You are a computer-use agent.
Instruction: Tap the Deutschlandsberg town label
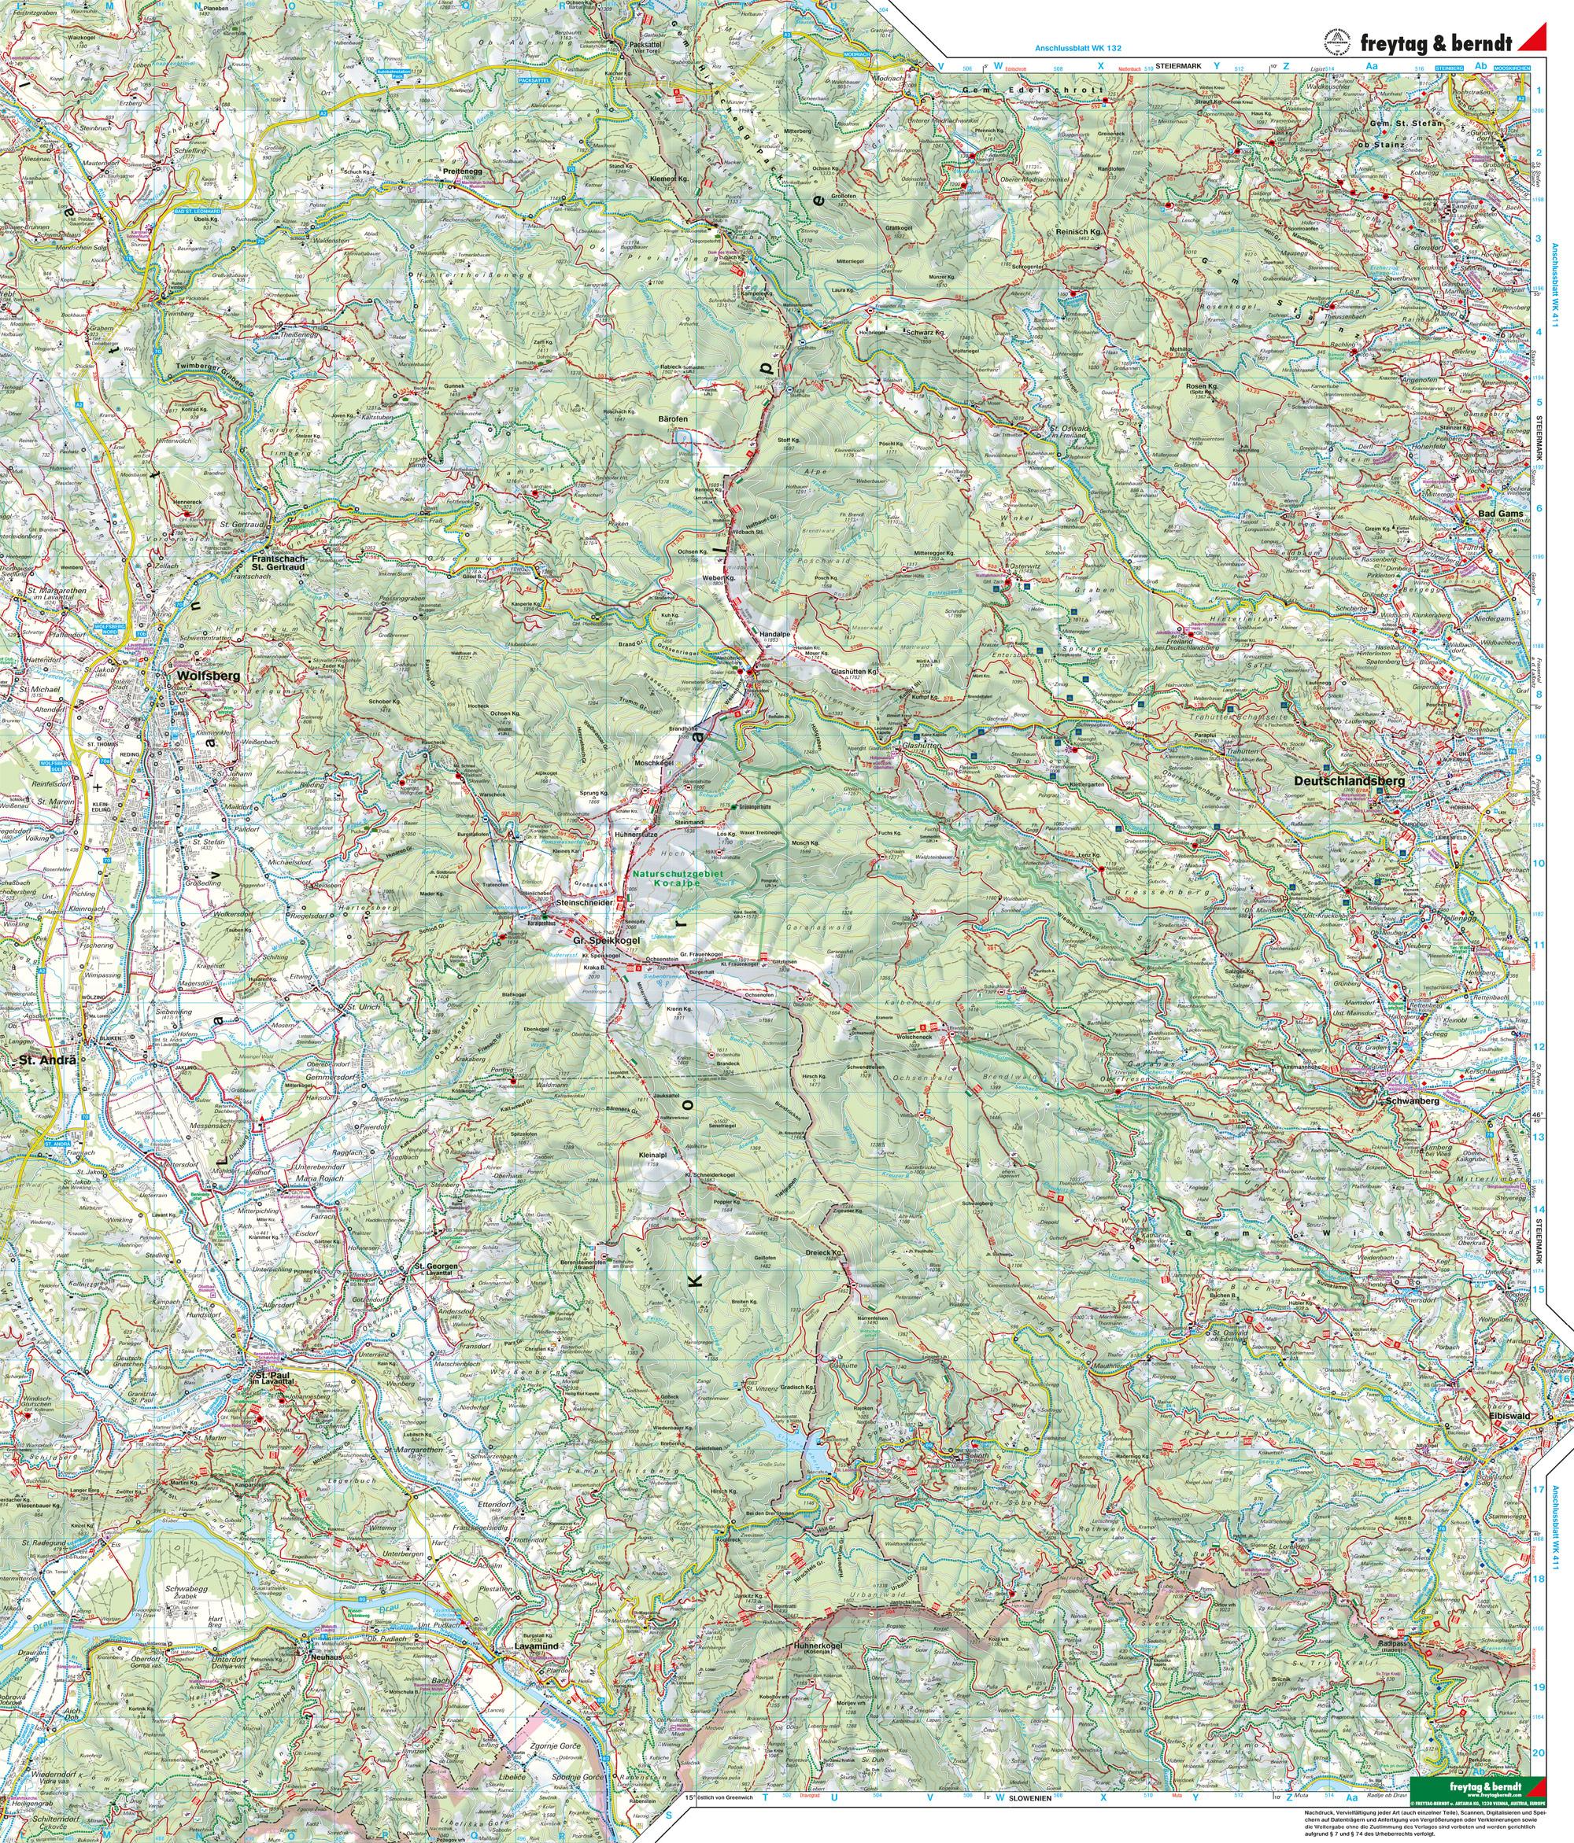[x=1347, y=781]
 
